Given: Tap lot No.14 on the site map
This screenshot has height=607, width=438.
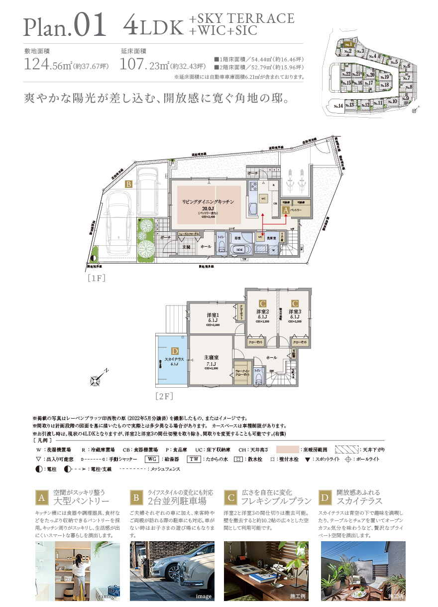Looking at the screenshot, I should [337, 106].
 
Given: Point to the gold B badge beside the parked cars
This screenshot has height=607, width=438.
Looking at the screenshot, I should [128, 184].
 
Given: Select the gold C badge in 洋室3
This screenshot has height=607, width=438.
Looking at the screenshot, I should [295, 302].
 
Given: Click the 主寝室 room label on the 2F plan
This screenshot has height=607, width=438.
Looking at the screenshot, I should [212, 357].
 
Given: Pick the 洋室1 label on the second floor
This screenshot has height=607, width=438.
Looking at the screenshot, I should [214, 314].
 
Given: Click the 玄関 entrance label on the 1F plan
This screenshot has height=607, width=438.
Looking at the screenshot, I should [186, 246].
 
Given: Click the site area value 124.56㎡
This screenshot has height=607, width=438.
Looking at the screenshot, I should [47, 65].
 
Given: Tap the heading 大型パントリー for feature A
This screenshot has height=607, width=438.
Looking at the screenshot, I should [81, 500].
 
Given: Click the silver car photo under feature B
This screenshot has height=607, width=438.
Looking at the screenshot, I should [172, 571].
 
